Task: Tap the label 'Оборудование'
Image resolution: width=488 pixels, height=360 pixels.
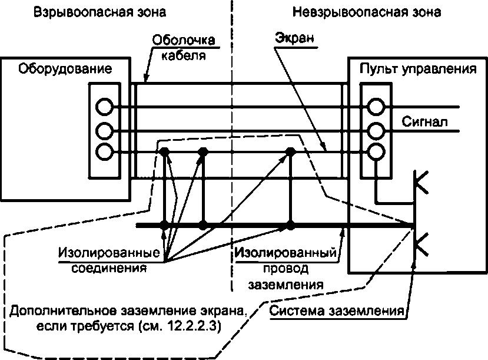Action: [65, 69]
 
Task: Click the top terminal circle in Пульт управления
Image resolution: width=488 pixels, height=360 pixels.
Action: [376, 107]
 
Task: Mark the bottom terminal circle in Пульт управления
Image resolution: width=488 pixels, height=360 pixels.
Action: [376, 152]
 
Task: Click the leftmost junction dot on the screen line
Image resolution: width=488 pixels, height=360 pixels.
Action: [165, 152]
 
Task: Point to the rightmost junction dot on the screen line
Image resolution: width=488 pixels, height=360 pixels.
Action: [290, 152]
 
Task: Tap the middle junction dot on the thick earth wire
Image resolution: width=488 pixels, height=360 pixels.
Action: [203, 225]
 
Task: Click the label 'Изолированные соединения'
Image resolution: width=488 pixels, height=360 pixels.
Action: [110, 260]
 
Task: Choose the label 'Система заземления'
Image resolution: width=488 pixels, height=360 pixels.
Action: [336, 311]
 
